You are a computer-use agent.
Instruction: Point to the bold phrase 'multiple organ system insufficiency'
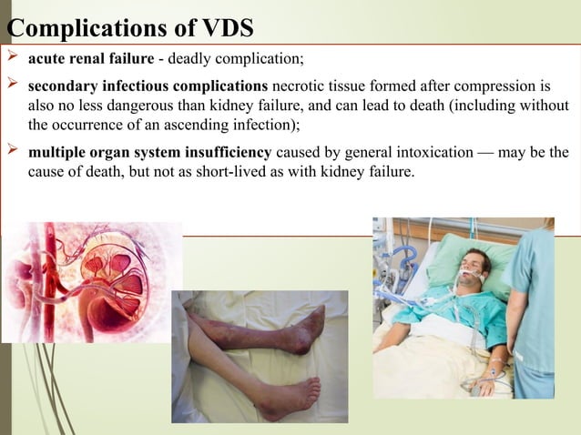pyautogui.click(x=149, y=152)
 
